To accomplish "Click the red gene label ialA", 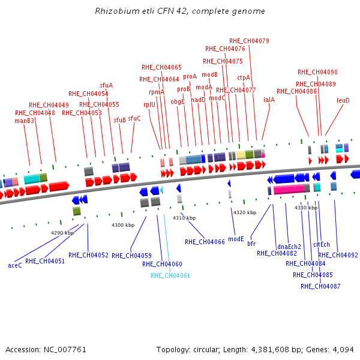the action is pyautogui.click(x=269, y=100).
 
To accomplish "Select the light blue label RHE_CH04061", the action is pyautogui.click(x=170, y=275).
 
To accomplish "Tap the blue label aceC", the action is pyautogui.click(x=15, y=265).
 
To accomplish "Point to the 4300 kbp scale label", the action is pyautogui.click(x=123, y=225).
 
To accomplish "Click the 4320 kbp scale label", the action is pyautogui.click(x=245, y=212).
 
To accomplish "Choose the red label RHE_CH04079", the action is pyautogui.click(x=249, y=41).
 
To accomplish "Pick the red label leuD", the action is pyautogui.click(x=343, y=100).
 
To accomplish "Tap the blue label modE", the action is pyautogui.click(x=236, y=239).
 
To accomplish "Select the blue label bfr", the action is pyautogui.click(x=251, y=244).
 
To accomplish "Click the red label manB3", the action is pyautogui.click(x=25, y=121).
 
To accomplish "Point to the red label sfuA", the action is pyautogui.click(x=106, y=86).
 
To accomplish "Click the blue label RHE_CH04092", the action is pyautogui.click(x=338, y=255).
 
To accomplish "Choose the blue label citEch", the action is pyautogui.click(x=322, y=245).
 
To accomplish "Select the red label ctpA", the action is pyautogui.click(x=244, y=78).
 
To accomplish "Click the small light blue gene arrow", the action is pyautogui.click(x=161, y=190).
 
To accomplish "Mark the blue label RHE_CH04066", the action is pyautogui.click(x=205, y=242).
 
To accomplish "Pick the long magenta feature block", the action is pyautogui.click(x=289, y=189).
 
